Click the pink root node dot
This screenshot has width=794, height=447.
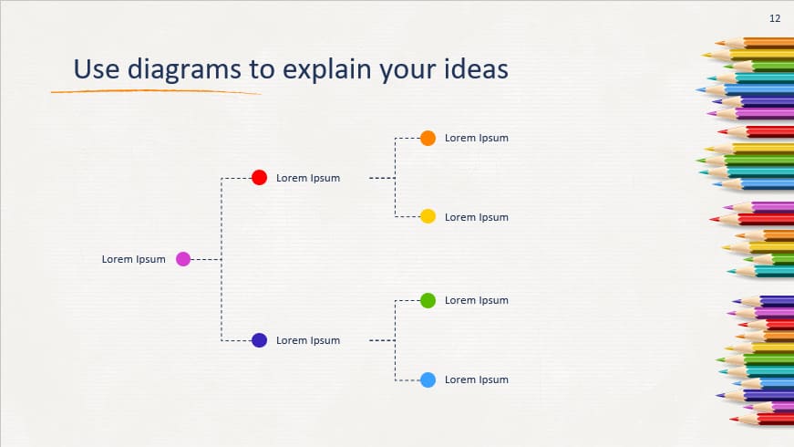click(x=182, y=259)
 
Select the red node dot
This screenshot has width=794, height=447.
click(x=259, y=178)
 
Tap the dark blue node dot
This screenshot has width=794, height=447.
click(x=259, y=340)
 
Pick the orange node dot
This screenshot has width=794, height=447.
click(x=428, y=138)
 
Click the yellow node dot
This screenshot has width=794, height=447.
click(x=428, y=217)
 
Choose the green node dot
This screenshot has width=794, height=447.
click(x=428, y=300)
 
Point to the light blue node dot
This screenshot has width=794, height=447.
click(x=428, y=379)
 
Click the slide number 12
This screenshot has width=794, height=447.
click(x=775, y=18)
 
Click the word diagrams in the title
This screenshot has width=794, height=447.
click(x=177, y=70)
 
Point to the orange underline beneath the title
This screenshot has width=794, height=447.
click(x=155, y=92)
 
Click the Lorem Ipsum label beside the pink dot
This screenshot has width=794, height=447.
click(x=133, y=259)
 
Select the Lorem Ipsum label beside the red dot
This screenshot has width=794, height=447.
click(x=308, y=178)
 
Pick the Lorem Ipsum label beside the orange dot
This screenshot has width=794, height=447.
click(x=476, y=138)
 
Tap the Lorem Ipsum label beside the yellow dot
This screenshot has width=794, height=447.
click(x=476, y=217)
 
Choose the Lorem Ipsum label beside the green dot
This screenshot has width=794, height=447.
click(x=476, y=300)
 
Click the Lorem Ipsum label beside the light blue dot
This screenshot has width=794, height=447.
click(x=476, y=379)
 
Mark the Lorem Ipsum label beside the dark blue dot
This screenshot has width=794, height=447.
click(x=308, y=340)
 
